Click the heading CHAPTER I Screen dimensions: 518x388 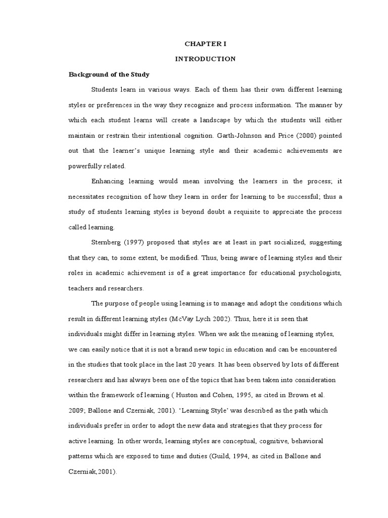[x=205, y=44]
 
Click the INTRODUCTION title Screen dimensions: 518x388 [x=205, y=59]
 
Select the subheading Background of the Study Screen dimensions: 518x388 [x=109, y=74]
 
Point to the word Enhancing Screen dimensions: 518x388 [x=107, y=181]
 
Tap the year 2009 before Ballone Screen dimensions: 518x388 [x=76, y=410]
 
